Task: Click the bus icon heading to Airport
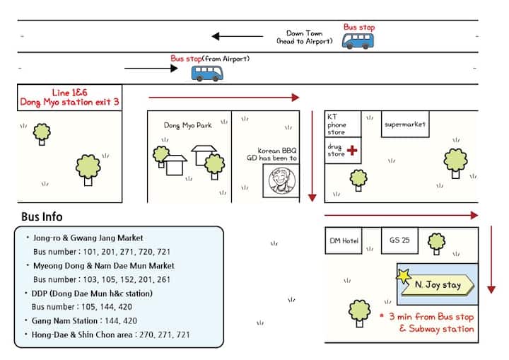click(x=358, y=41)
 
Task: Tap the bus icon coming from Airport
click(x=206, y=72)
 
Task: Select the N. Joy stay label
click(x=437, y=286)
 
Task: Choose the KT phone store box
click(x=342, y=124)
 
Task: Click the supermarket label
click(x=405, y=124)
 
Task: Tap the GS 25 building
click(x=399, y=240)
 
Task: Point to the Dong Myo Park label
click(x=187, y=125)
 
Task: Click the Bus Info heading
click(x=42, y=216)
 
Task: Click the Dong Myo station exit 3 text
click(x=69, y=103)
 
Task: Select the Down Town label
click(x=303, y=33)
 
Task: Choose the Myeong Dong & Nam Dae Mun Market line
click(x=103, y=265)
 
